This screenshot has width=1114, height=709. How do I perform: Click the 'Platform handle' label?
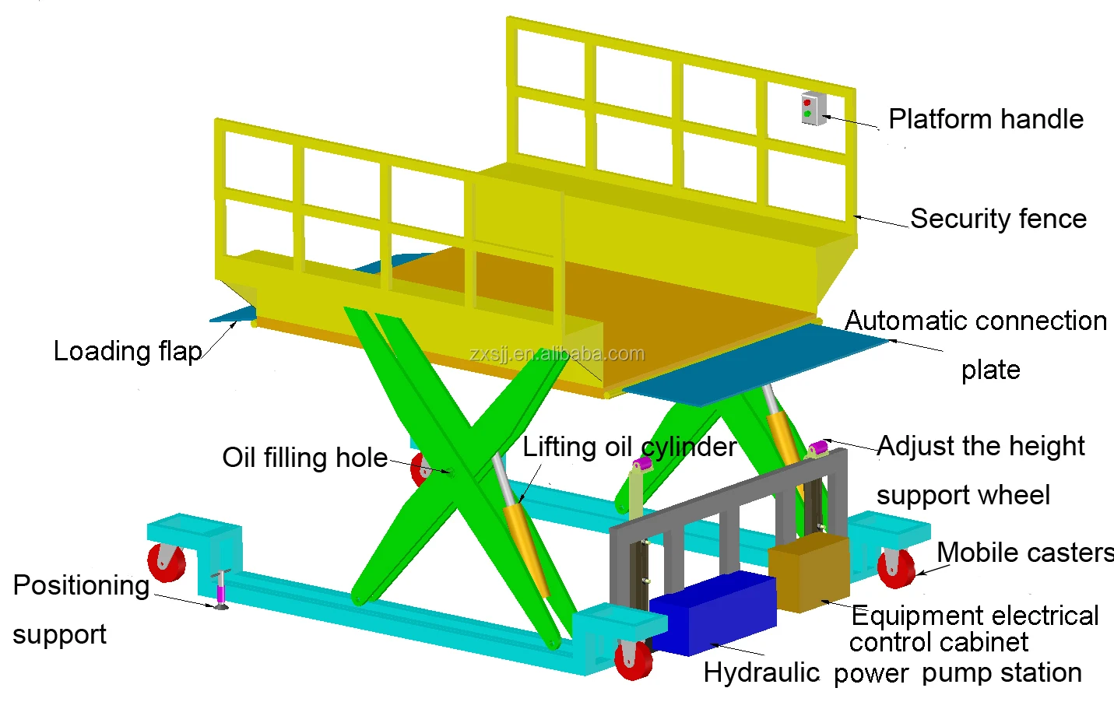(x=986, y=119)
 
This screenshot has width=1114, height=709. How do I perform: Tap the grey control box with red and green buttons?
(x=810, y=109)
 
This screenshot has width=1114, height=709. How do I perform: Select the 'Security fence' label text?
(x=998, y=219)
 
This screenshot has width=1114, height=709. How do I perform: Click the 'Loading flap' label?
(x=128, y=351)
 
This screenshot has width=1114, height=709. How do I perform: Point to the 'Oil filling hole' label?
(x=304, y=458)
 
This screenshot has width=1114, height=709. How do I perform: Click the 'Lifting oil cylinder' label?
(x=629, y=447)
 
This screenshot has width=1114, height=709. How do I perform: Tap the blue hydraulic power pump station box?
(x=712, y=613)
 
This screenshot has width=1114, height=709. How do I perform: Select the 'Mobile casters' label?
(x=1024, y=553)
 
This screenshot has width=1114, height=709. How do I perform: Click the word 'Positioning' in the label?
(x=81, y=585)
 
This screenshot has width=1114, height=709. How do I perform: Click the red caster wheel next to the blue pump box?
(x=634, y=659)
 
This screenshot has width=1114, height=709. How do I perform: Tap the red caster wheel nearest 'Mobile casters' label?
(x=895, y=568)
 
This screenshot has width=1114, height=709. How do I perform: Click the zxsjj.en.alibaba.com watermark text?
(x=557, y=354)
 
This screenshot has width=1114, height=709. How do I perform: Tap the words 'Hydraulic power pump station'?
(x=892, y=672)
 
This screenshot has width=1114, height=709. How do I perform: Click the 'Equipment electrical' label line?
(x=975, y=616)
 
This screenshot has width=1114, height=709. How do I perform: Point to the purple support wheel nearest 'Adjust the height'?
(x=817, y=449)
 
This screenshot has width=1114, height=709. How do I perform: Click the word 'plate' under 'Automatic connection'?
(x=990, y=370)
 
